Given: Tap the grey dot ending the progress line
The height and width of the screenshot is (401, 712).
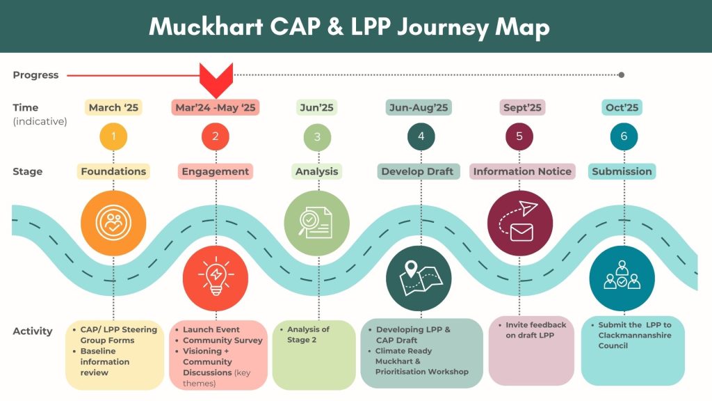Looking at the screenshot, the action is click(622, 75).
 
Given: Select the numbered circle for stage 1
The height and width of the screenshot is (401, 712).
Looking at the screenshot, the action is click(113, 136).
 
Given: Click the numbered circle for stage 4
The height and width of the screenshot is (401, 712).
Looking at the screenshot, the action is click(421, 136).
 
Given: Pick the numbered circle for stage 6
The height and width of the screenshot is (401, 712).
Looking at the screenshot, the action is click(624, 136).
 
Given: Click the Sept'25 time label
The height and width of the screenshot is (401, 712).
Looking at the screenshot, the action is click(522, 108).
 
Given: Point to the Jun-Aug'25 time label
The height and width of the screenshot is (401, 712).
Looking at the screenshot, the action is click(418, 108).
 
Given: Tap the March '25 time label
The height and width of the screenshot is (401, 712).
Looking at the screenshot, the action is click(113, 108).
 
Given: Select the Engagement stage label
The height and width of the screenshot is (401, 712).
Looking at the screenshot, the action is click(216, 171).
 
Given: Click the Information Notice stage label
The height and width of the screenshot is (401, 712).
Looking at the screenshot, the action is click(522, 171).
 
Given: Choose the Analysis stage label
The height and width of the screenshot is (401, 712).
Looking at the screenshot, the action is click(316, 171).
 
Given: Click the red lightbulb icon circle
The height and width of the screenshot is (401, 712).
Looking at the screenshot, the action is click(216, 278).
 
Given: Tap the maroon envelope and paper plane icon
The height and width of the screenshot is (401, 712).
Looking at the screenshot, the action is click(520, 223).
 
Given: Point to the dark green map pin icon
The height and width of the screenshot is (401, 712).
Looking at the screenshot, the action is click(419, 278).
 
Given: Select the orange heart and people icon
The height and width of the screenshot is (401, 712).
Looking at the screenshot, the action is click(113, 223).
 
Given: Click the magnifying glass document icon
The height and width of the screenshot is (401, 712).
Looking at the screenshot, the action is click(316, 223).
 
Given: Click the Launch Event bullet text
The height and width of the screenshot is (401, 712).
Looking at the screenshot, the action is click(211, 329).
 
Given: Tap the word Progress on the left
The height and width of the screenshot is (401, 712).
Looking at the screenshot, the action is click(35, 75).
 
